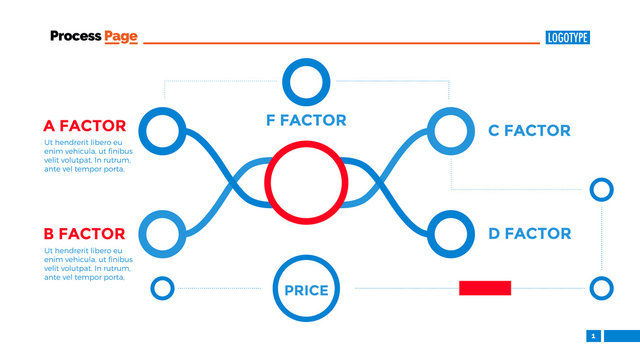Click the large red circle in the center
click(x=306, y=183)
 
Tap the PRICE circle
click(x=306, y=290)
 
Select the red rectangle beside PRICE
click(x=485, y=288)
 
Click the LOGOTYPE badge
click(x=568, y=38)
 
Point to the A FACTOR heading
click(x=85, y=126)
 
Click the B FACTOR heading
click(x=84, y=234)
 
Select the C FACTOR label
click(x=529, y=130)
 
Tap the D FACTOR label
click(x=529, y=234)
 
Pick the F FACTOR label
click(x=306, y=120)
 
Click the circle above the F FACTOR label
click(x=306, y=82)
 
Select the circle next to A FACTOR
click(x=162, y=130)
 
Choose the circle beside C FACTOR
click(x=449, y=130)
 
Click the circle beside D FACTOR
click(x=449, y=234)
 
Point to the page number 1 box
click(x=593, y=336)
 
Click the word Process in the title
click(x=75, y=37)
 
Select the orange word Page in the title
click(x=121, y=37)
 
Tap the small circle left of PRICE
click(x=162, y=289)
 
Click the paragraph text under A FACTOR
click(x=87, y=155)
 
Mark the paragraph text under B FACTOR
click(x=87, y=263)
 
